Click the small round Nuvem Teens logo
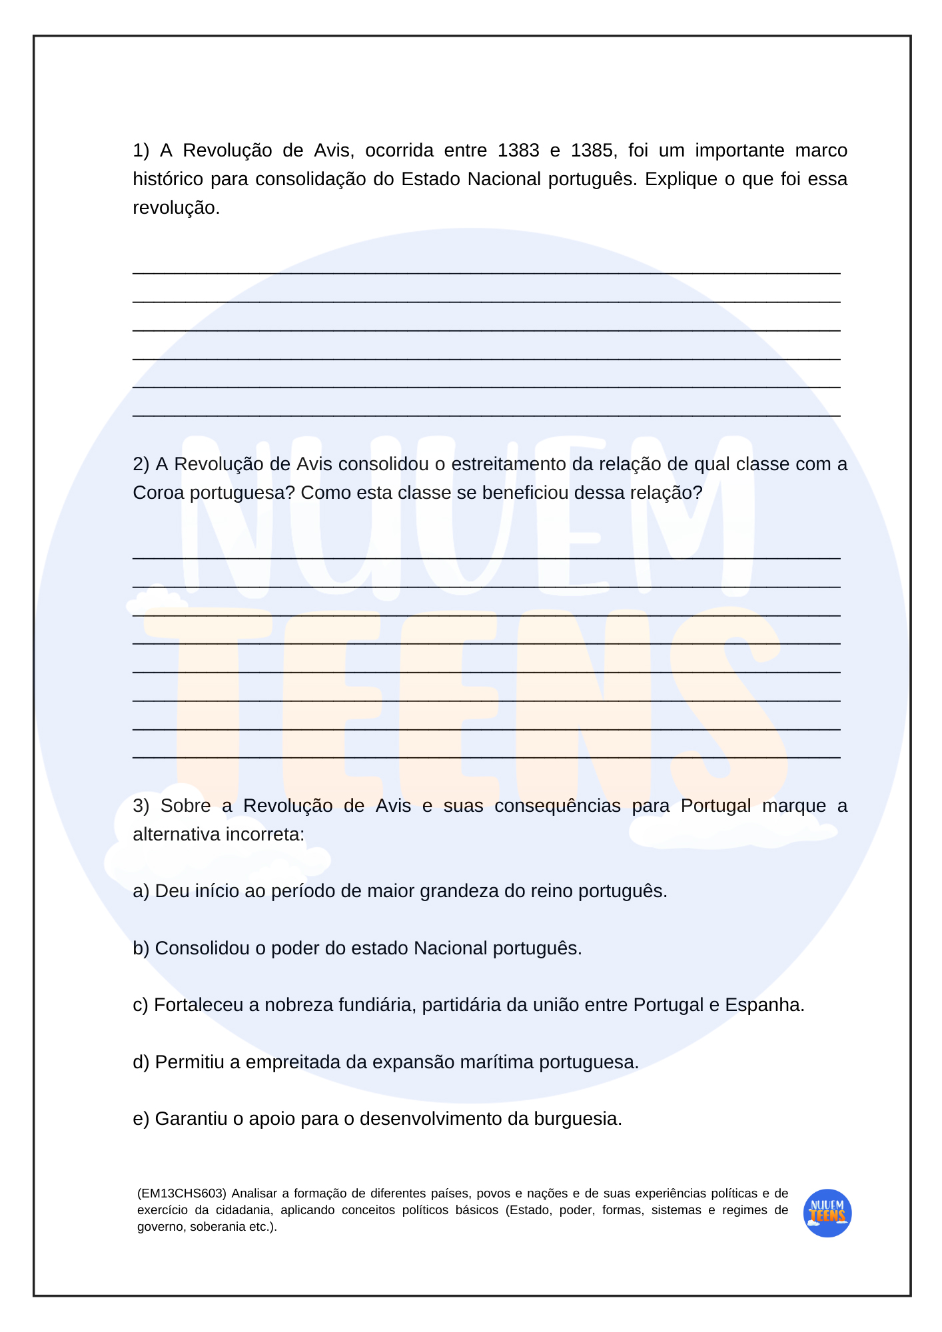pyautogui.click(x=827, y=1213)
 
